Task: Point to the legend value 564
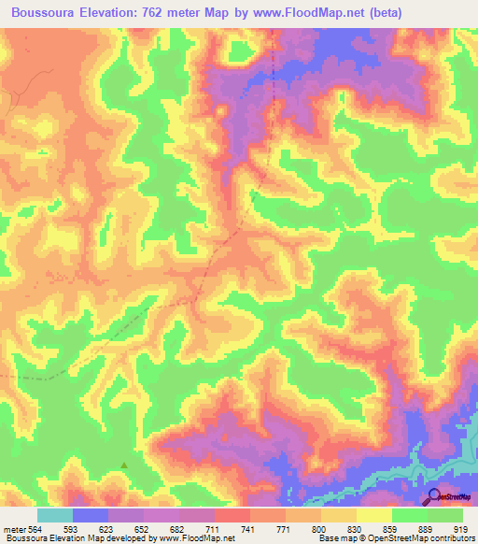coord(36,529)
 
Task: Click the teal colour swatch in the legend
coord(54,515)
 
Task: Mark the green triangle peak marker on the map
coord(124,465)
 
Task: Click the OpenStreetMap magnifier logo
coord(436,495)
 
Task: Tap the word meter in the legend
coord(13,529)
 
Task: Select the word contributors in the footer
coord(449,539)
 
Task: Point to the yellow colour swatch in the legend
coord(373,515)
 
